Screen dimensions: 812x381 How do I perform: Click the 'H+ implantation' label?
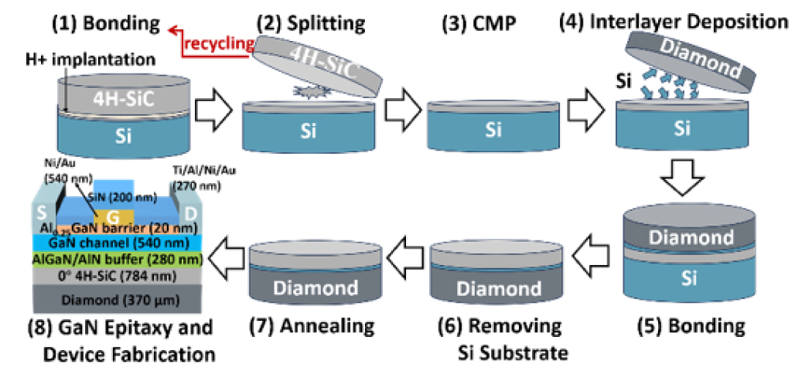tap(90, 60)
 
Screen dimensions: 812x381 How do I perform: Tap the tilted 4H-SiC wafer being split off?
tap(317, 66)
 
